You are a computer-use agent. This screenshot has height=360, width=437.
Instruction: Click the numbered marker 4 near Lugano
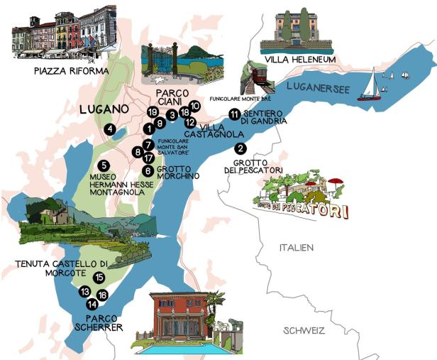coord(110,129)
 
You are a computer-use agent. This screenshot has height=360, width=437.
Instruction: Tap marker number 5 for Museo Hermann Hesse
coord(104,166)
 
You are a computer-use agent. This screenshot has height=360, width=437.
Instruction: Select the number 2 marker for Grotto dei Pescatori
coord(240,148)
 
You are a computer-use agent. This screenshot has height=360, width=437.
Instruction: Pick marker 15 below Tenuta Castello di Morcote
coord(99,278)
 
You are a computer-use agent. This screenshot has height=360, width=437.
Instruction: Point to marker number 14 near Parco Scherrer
coord(92,304)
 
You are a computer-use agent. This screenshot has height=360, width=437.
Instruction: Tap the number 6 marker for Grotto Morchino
coord(147,170)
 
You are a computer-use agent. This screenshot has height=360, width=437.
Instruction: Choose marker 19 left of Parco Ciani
coord(153,112)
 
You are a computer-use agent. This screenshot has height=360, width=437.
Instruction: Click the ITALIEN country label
coord(296,247)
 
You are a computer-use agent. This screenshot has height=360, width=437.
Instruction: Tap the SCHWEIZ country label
coord(304,331)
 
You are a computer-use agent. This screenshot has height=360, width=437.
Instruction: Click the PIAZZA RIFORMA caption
coord(70,71)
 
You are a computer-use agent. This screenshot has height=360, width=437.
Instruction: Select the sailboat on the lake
coord(369,84)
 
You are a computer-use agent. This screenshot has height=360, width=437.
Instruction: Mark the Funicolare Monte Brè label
coord(240,99)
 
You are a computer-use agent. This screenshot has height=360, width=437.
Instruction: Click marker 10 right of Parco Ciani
coord(195,106)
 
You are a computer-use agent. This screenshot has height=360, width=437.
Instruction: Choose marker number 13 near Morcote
coord(84,292)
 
